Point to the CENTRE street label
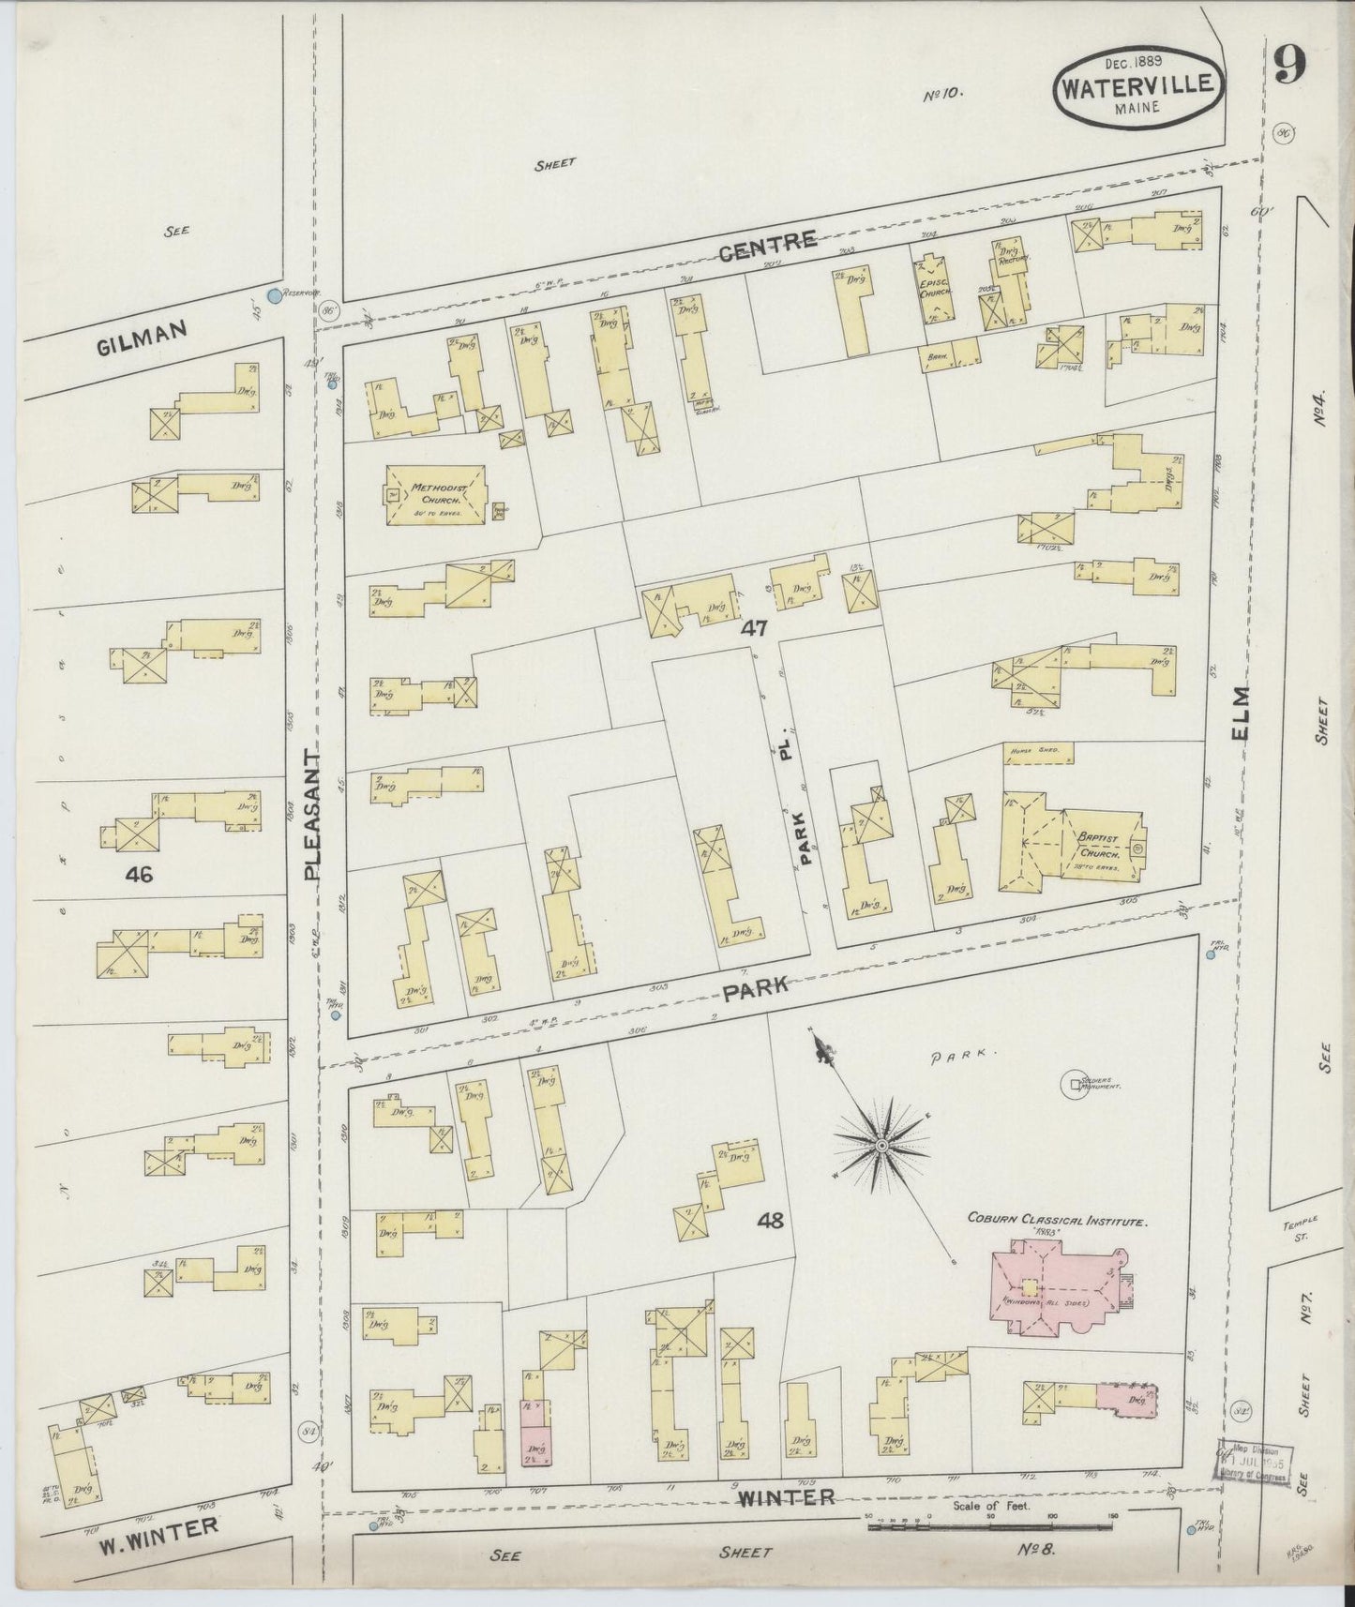click(x=768, y=243)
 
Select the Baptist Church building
click(x=1072, y=835)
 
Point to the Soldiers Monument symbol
click(x=1068, y=1084)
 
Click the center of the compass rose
click(x=881, y=1146)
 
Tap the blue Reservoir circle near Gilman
click(x=274, y=296)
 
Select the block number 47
click(x=755, y=629)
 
